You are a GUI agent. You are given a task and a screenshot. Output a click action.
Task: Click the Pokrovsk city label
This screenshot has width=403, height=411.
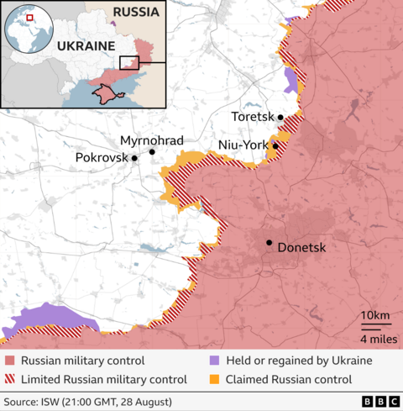click(102, 157)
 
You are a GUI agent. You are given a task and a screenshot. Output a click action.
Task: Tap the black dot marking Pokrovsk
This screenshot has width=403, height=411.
click(134, 157)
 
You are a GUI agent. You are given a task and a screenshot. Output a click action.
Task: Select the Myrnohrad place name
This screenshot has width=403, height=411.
click(152, 140)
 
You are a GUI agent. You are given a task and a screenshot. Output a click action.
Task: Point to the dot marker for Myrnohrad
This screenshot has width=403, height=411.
click(152, 152)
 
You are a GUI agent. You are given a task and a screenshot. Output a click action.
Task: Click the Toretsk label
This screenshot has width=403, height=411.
click(254, 118)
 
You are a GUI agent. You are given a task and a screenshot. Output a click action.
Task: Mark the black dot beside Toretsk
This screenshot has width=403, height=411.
click(280, 118)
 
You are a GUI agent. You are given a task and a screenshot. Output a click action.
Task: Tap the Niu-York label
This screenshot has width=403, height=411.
click(242, 145)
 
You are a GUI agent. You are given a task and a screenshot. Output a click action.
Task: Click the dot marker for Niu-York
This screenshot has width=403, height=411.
click(275, 146)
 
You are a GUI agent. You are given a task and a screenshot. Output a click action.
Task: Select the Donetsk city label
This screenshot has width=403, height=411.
click(301, 248)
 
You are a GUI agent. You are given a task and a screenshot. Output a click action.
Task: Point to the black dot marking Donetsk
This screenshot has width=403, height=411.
click(270, 243)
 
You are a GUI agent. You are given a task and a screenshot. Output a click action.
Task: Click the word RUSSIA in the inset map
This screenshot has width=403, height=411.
click(136, 13)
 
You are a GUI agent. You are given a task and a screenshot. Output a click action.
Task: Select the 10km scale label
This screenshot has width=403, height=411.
click(374, 315)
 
